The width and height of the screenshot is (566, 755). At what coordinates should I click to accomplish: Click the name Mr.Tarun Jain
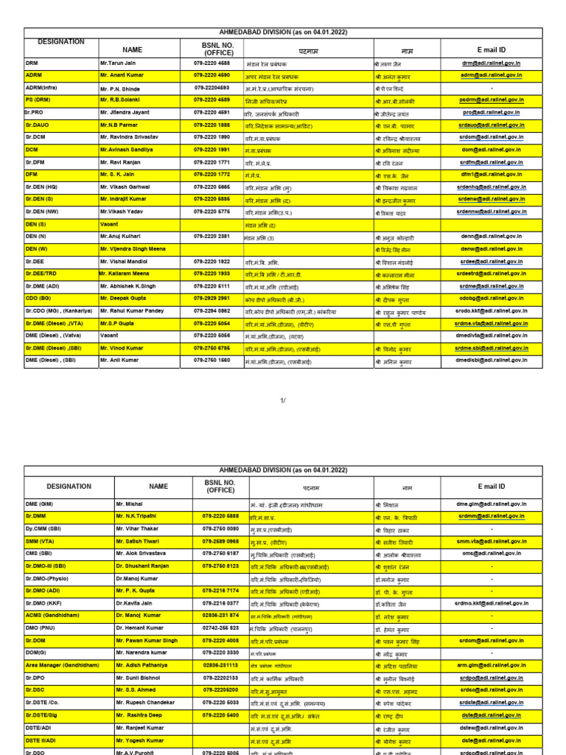tap(118, 63)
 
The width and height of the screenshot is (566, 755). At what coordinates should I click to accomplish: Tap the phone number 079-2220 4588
tap(212, 63)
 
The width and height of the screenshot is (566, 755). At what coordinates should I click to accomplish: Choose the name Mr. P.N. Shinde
tap(120, 88)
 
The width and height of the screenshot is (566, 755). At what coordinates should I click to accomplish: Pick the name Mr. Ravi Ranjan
tap(122, 162)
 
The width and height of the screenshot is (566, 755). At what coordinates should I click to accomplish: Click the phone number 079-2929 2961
tap(212, 298)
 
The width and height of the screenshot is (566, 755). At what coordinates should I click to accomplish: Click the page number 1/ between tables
tap(282, 400)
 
